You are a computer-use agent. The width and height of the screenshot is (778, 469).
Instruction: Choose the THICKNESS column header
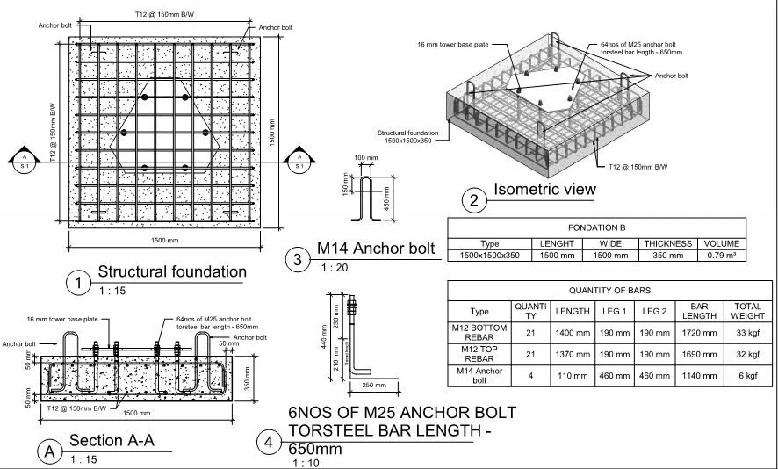point(668,243)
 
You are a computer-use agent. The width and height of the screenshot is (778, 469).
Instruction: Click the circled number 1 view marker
point(80,283)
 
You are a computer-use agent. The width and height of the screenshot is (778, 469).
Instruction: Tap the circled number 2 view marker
point(474,201)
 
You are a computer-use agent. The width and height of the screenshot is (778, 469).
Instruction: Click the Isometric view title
point(544,189)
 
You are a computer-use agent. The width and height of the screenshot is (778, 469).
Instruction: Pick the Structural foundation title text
point(171,271)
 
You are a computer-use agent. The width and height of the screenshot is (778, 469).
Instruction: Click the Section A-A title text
point(112,440)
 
